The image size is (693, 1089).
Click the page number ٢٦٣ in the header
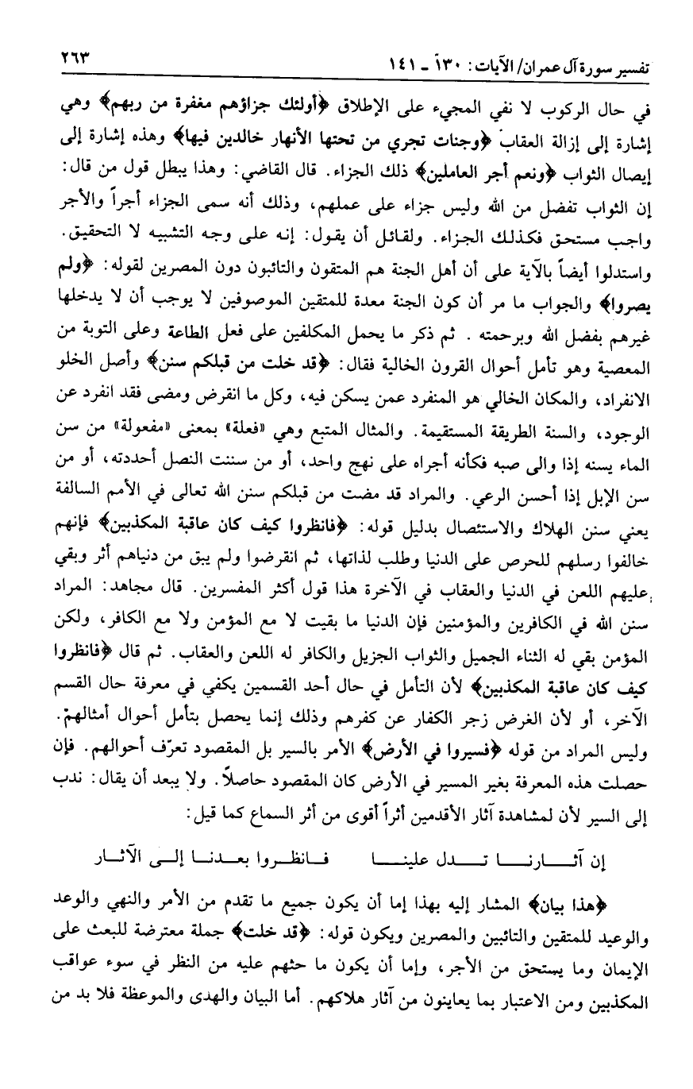pos(73,58)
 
